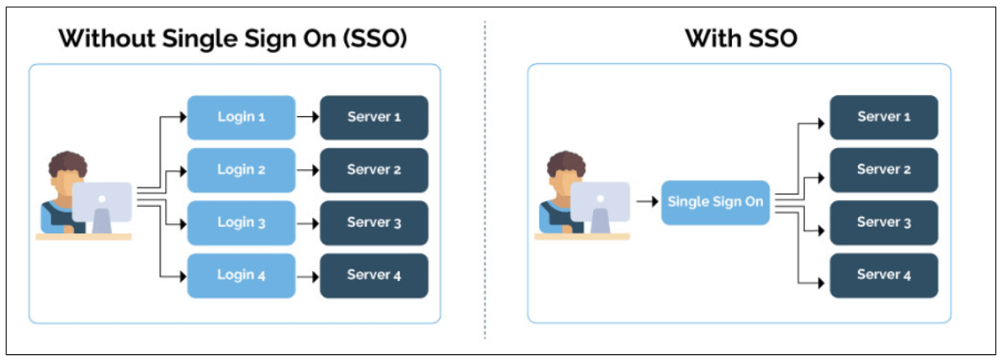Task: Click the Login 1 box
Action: pyautogui.click(x=241, y=117)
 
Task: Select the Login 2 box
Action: pyautogui.click(x=241, y=170)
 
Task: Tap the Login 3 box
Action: pyautogui.click(x=241, y=223)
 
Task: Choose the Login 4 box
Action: pyautogui.click(x=241, y=275)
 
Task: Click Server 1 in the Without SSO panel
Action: pyautogui.click(x=374, y=117)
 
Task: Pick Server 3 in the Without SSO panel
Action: pyautogui.click(x=374, y=223)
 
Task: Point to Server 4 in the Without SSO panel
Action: pyautogui.click(x=374, y=275)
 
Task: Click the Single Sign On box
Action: pyautogui.click(x=715, y=202)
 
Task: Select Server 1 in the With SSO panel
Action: pyautogui.click(x=883, y=117)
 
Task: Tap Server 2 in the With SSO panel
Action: pyautogui.click(x=883, y=170)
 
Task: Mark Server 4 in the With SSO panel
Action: pyautogui.click(x=883, y=275)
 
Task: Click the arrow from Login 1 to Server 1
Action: pyautogui.click(x=307, y=117)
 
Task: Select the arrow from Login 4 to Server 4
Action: pyautogui.click(x=307, y=275)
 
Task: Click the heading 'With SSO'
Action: pyautogui.click(x=740, y=38)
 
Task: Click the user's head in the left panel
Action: pyautogui.click(x=67, y=168)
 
